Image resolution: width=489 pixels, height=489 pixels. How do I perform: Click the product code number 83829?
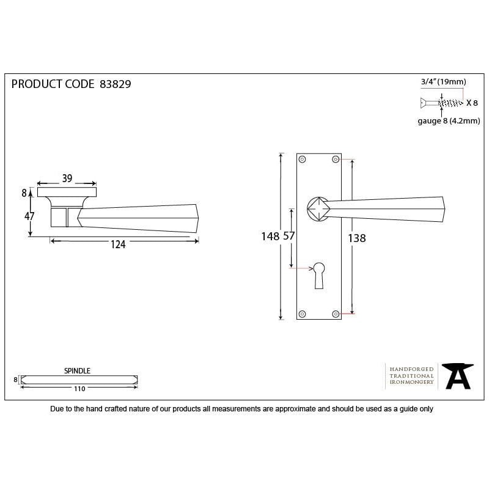(115, 84)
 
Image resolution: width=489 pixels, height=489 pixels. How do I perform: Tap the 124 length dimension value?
(118, 244)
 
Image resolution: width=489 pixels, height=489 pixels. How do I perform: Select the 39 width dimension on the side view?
(67, 178)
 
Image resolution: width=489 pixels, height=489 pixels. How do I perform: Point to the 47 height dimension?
(29, 216)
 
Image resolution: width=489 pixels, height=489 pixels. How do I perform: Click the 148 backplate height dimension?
(270, 237)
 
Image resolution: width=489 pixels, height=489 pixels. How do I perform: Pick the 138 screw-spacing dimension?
(357, 238)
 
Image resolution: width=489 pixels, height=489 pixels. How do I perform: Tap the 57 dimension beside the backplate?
(289, 237)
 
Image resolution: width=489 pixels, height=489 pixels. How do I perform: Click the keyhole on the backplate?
(318, 274)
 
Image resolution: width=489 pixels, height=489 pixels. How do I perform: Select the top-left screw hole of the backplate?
(302, 160)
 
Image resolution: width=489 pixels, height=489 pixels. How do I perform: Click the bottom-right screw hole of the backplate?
(335, 314)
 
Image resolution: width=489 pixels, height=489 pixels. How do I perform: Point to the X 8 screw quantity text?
(472, 103)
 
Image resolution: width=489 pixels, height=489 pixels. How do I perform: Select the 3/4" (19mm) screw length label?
(444, 82)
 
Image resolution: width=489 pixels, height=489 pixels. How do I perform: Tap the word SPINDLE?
(77, 370)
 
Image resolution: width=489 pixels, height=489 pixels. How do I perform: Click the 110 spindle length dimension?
(79, 388)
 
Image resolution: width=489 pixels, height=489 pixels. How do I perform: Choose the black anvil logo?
(457, 376)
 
